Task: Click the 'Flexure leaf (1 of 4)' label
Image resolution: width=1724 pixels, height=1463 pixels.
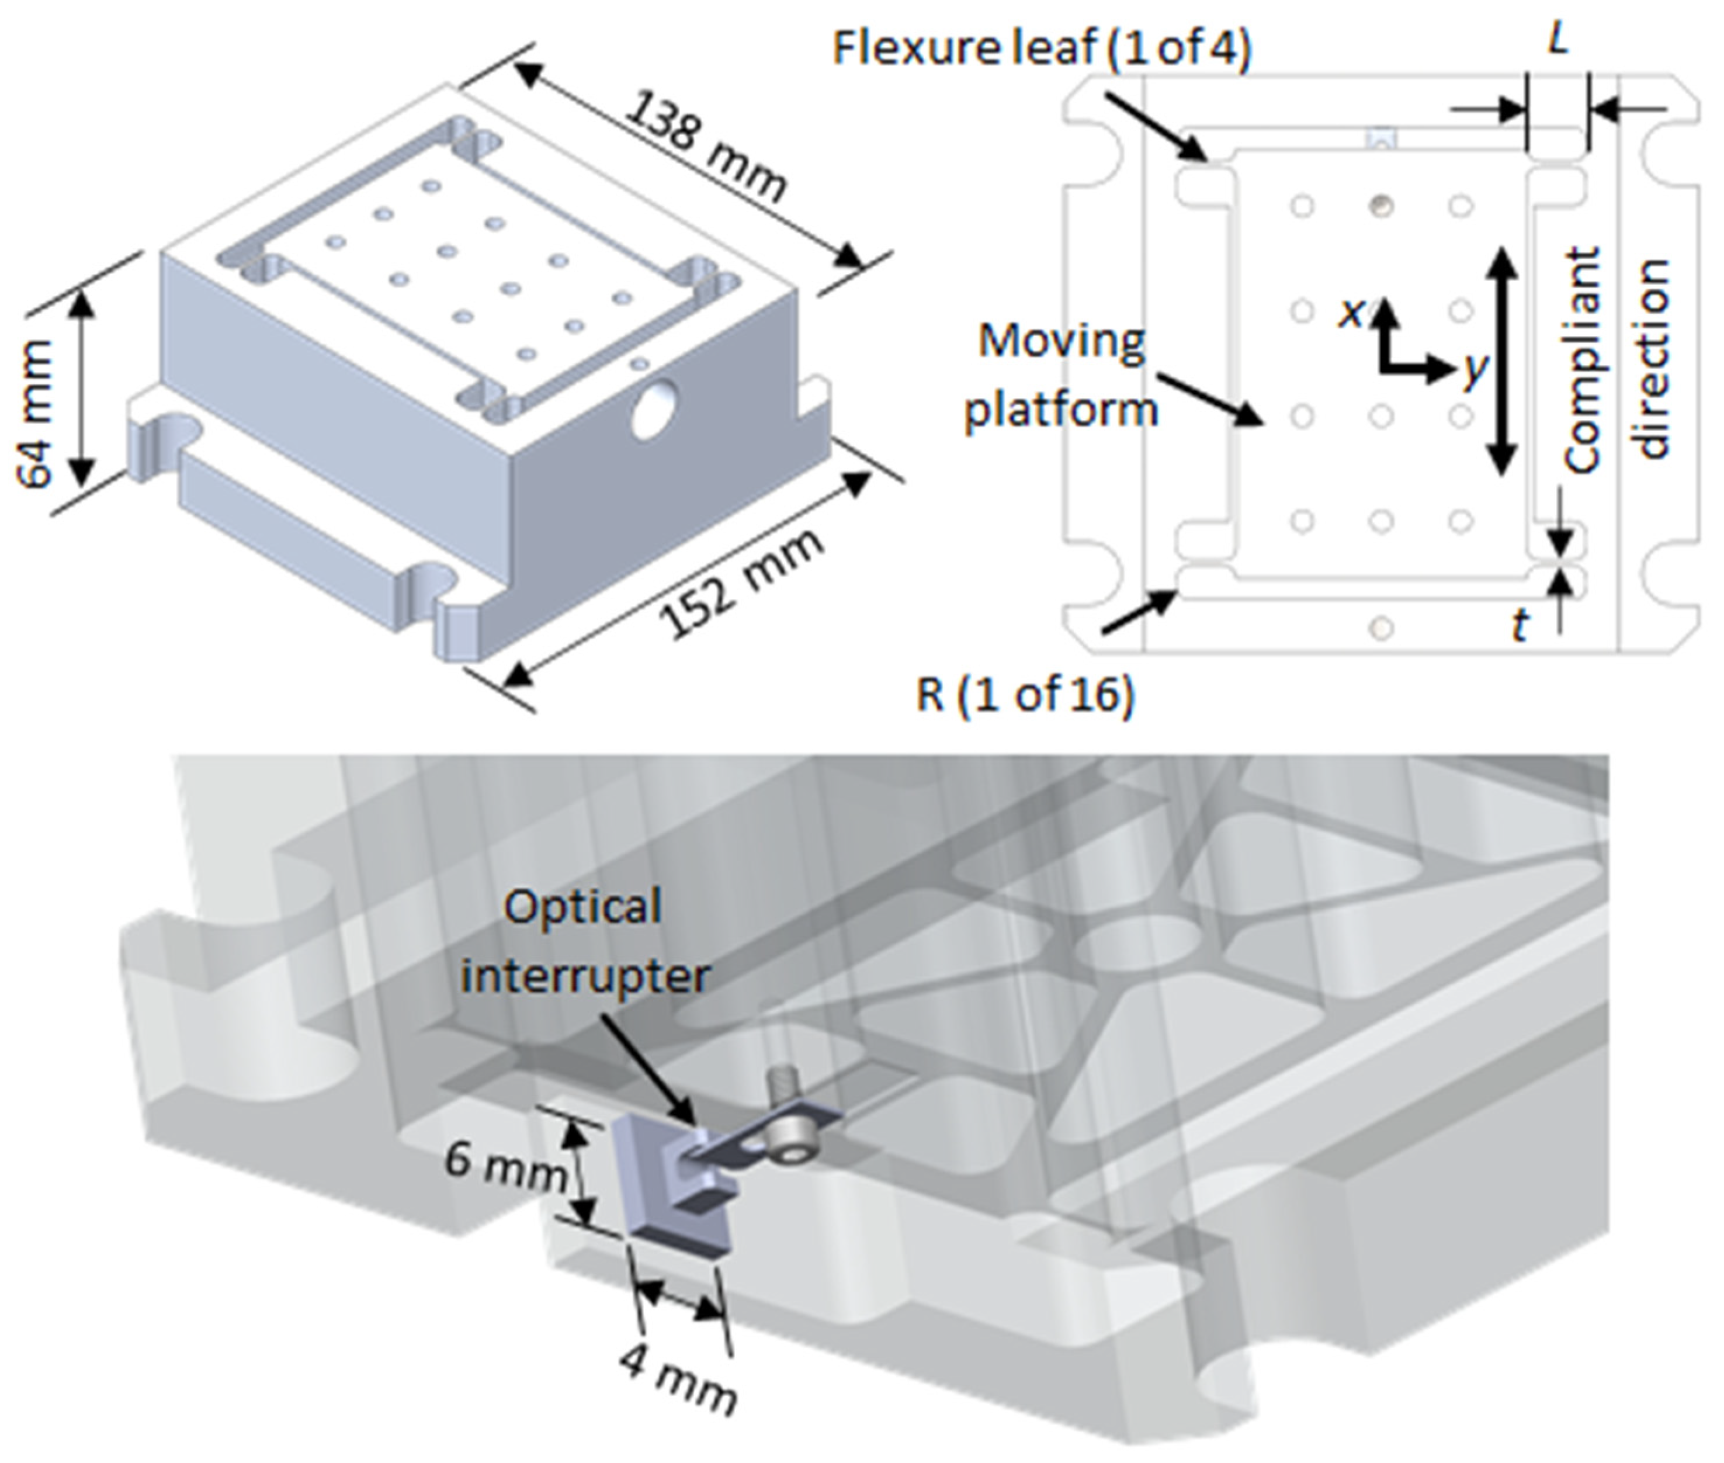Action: pyautogui.click(x=1040, y=48)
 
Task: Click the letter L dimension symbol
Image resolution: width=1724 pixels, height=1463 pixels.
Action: pyautogui.click(x=1558, y=39)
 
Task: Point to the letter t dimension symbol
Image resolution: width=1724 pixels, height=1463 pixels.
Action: pyautogui.click(x=1519, y=626)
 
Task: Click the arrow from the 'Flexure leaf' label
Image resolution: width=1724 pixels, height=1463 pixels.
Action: pyautogui.click(x=1156, y=125)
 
